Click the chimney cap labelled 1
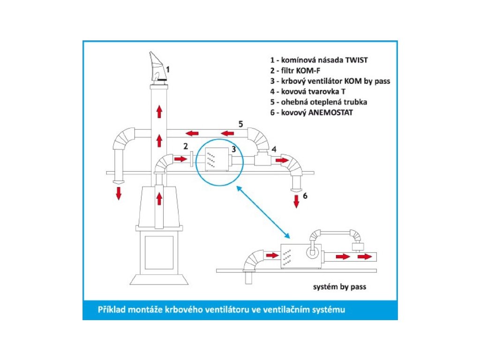click(158, 68)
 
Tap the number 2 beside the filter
click(186, 146)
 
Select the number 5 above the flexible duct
click(240, 124)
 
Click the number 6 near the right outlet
click(305, 196)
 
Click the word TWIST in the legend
click(357, 60)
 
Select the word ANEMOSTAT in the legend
click(330, 112)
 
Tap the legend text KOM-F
click(308, 71)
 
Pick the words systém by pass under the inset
click(339, 287)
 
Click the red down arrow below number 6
click(296, 202)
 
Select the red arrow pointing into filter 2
click(180, 159)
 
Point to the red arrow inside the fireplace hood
click(159, 199)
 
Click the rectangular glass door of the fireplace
click(159, 253)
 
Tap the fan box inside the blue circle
click(217, 159)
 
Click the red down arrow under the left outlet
click(119, 194)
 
